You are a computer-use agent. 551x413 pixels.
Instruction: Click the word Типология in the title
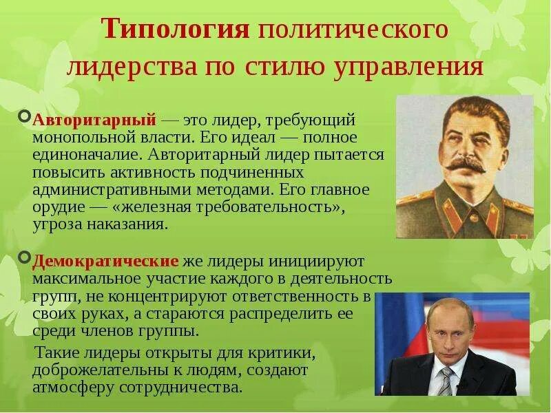[x=175, y=30]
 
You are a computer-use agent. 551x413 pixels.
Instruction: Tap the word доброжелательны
[x=106, y=370]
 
